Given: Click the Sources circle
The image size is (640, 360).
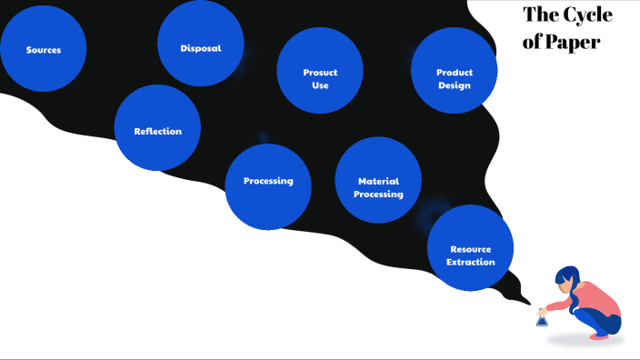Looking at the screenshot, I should tap(44, 49).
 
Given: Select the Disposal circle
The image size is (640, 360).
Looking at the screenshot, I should tap(201, 44).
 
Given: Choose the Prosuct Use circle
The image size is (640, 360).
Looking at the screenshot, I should tap(320, 71).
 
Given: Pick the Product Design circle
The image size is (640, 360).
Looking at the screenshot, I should tap(455, 71).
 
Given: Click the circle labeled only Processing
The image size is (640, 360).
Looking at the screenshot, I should tap(268, 186).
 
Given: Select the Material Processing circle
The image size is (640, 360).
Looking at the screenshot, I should tap(378, 181).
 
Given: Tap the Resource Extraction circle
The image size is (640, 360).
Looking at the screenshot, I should tap(471, 248).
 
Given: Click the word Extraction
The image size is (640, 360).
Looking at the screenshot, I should tap(471, 262).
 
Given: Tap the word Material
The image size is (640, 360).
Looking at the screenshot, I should tap(378, 181).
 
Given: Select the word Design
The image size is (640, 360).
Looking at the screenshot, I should tap(455, 85).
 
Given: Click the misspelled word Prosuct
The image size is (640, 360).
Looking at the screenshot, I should tap(320, 73).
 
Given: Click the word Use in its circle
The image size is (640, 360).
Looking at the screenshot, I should tap(320, 85).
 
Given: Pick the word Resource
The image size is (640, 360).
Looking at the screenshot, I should tap(471, 249).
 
